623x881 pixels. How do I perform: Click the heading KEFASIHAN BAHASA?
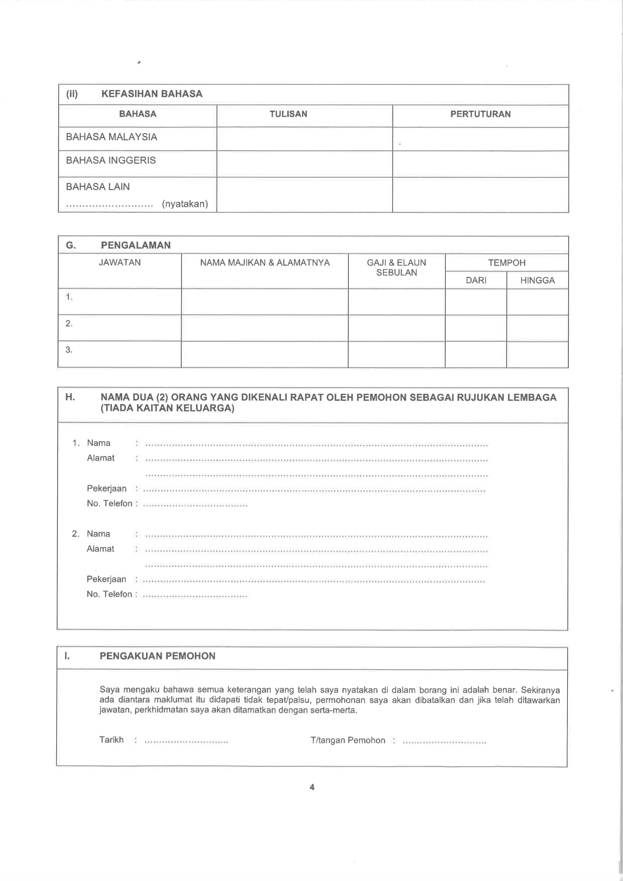pos(152,94)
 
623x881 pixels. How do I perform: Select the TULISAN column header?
pos(288,114)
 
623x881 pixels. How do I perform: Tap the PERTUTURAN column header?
pos(480,114)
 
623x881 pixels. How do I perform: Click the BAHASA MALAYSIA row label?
pos(112,137)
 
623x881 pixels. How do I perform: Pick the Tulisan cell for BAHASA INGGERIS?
pos(304,164)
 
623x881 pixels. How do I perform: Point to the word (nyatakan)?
pos(185,204)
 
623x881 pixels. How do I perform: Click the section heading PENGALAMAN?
pos(136,245)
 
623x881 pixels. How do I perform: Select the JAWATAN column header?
pos(120,263)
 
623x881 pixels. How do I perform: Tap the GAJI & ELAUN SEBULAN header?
pos(396,268)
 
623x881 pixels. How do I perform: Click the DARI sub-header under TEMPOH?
pos(476,280)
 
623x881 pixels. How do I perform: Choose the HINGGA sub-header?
pos(537,280)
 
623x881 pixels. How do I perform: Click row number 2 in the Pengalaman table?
pos(69,324)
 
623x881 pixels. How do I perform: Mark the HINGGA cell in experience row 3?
pos(537,355)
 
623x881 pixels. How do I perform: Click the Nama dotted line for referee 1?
pos(317,445)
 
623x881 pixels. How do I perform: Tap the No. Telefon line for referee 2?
pos(195,596)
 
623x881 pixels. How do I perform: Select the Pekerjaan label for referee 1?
pos(107,489)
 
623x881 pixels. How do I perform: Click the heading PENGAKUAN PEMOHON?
pos(157,656)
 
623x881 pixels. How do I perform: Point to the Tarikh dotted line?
pos(186,741)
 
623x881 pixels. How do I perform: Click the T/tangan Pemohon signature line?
pos(444,741)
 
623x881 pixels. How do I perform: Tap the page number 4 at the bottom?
pos(312,787)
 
